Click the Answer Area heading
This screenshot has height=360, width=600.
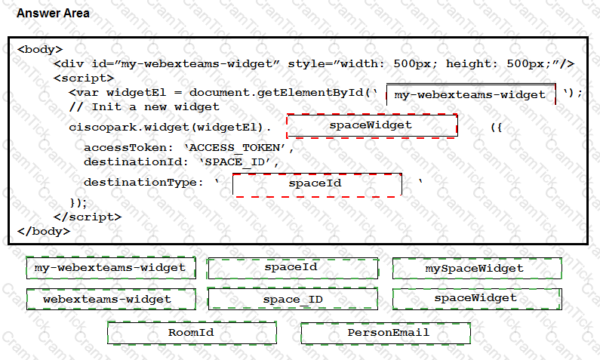pos(53,14)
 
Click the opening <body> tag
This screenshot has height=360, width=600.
pos(40,49)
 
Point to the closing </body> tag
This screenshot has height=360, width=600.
pos(44,231)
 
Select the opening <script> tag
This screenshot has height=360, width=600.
pos(84,78)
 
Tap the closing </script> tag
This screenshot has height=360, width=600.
pos(88,217)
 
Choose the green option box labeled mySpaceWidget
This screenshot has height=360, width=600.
pos(477,268)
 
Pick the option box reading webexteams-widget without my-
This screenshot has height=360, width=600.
pos(111,299)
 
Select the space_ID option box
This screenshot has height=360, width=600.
pos(293,298)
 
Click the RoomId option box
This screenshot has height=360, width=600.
pos(192,333)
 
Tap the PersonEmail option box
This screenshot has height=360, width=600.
pos(386,334)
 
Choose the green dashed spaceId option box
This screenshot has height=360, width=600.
pos(293,268)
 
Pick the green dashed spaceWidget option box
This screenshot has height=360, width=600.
pos(477,299)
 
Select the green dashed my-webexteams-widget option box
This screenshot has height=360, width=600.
pos(111,268)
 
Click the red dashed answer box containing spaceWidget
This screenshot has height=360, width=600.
pos(372,125)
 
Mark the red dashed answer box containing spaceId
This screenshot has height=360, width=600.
pos(317,185)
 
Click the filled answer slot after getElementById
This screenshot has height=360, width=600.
pos(471,94)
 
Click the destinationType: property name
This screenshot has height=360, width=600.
pos(143,183)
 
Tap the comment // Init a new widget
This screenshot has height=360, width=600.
pos(144,106)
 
